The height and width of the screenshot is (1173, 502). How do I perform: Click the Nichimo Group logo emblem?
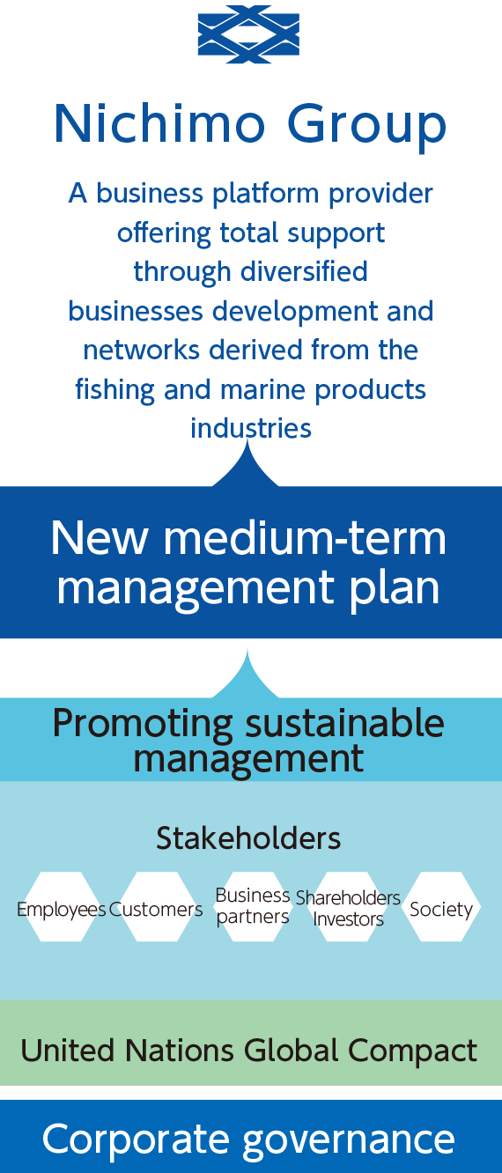pos(248,34)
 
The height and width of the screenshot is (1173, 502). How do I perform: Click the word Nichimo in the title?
pos(159,123)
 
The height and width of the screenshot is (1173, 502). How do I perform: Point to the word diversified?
pos(304,271)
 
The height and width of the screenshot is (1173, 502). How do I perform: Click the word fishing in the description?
pos(114,390)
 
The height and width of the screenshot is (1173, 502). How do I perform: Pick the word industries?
pos(251,428)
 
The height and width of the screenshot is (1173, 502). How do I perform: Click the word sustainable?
pos(345,723)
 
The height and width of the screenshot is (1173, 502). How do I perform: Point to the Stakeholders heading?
pos(248,837)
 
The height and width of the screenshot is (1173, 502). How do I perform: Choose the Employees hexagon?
pos(62,906)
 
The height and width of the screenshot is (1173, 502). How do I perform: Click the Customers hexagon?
pos(156,906)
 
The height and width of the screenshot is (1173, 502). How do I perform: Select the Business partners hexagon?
pos(252,906)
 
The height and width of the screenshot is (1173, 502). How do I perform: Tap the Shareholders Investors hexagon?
pos(348,906)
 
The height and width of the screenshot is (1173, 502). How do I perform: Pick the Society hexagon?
pos(441,906)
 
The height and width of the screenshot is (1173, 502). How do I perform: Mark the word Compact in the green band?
pos(412,1051)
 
